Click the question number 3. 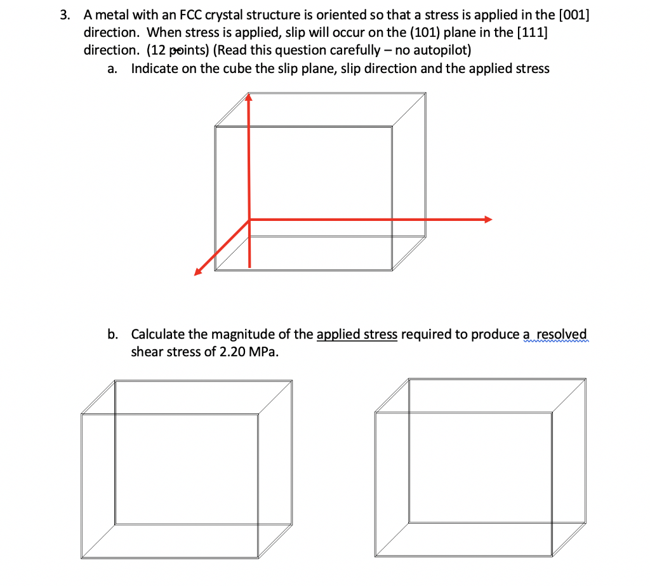point(64,15)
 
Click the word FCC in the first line point(191,15)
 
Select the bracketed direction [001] point(574,15)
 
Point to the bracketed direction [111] point(533,32)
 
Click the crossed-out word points point(189,50)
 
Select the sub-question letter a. point(112,69)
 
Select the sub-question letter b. point(112,334)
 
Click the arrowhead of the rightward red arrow point(488,220)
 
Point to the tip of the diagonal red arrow point(194,276)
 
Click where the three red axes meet point(249,220)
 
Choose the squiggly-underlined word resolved point(562,334)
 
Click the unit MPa point(263,352)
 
